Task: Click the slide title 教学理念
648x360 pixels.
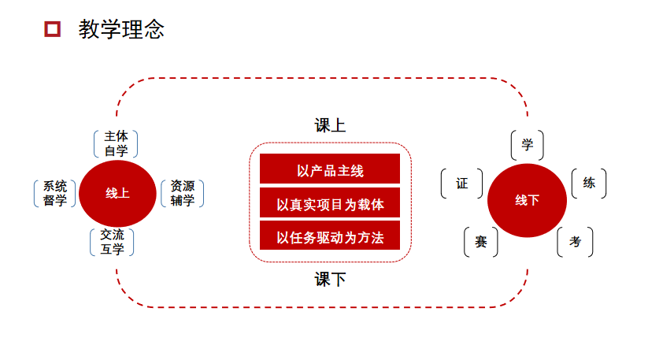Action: (121, 30)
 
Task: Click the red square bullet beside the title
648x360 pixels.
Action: (53, 30)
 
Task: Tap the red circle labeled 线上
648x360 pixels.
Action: (117, 193)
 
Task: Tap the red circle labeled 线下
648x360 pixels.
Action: (527, 200)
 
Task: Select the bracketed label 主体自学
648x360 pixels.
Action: (116, 143)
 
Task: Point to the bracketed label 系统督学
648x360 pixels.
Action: (54, 193)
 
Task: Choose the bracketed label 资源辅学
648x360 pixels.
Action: (182, 193)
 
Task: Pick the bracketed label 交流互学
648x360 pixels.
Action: (112, 242)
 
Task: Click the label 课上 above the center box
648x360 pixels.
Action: (330, 126)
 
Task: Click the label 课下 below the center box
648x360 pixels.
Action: (330, 279)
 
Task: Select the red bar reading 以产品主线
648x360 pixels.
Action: (330, 170)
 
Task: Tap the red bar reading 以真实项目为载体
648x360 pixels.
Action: (330, 204)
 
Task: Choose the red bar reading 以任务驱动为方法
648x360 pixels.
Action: (330, 236)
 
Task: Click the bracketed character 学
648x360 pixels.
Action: (528, 145)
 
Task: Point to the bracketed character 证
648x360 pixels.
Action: (461, 184)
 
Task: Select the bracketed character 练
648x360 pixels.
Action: (588, 184)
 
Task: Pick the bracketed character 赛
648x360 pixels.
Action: (481, 242)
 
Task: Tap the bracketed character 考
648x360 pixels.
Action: (575, 242)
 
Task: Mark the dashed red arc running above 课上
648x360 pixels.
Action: (323, 78)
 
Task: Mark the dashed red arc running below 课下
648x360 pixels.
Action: (323, 306)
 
